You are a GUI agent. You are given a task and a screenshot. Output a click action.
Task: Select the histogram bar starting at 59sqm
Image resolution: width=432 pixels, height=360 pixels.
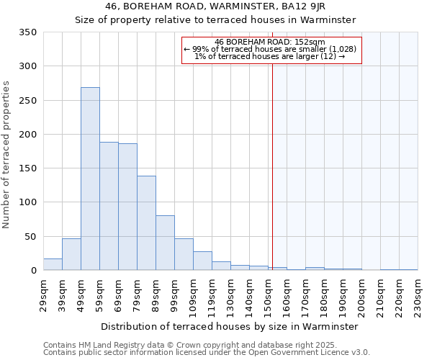(x=109, y=206)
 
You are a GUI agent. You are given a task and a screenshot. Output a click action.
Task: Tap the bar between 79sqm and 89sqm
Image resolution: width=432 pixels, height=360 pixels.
(x=146, y=223)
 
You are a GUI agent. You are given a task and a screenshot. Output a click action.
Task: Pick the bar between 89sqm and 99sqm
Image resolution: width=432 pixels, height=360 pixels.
(x=165, y=243)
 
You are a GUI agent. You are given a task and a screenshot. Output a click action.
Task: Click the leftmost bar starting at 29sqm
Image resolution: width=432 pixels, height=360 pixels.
(x=53, y=264)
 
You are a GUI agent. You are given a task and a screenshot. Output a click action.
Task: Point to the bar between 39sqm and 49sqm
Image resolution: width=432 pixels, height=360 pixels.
(x=71, y=254)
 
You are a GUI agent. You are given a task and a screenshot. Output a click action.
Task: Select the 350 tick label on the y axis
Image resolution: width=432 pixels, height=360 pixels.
(x=27, y=32)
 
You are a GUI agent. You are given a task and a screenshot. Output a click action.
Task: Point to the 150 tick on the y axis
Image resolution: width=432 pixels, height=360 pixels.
(x=27, y=168)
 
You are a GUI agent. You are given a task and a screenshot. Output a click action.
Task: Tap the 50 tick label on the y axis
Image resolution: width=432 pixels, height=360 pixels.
(x=30, y=236)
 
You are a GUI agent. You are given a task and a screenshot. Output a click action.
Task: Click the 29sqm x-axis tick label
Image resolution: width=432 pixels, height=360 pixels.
(x=43, y=294)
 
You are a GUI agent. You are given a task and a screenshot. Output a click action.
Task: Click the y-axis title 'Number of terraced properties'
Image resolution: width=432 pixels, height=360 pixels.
(x=7, y=155)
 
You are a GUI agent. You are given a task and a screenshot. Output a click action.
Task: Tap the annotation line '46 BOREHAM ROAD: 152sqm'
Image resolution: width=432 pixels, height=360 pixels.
(x=270, y=42)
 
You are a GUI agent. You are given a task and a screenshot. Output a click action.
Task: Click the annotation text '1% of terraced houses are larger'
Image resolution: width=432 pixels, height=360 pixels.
(x=270, y=56)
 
